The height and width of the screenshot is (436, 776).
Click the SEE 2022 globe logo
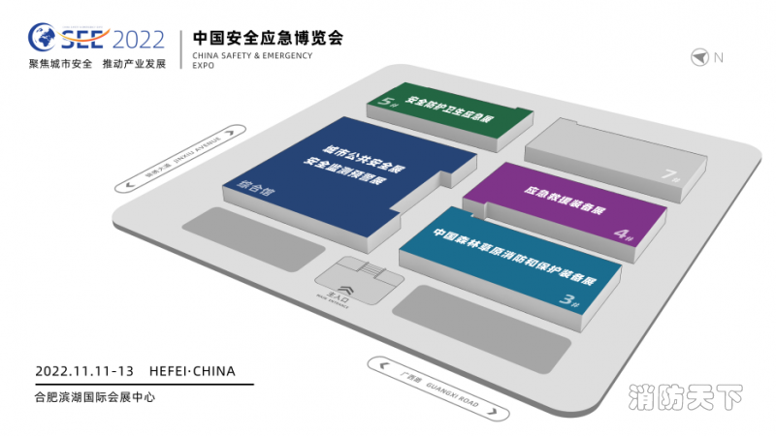click(44, 39)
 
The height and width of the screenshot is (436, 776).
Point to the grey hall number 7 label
click(668, 175)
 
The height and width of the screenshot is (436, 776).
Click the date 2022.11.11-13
click(83, 371)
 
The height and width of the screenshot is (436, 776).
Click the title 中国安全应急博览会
click(268, 39)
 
